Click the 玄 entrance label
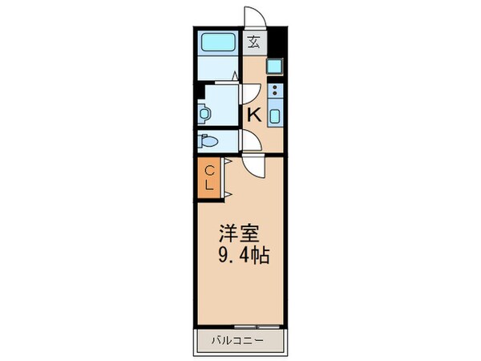pos(254,42)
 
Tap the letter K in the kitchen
pos(254,114)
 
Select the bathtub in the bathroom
pos(216,42)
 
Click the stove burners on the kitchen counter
pos(274,91)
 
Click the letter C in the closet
pos(209,170)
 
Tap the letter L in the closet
pos(209,185)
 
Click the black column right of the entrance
pos(276,40)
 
